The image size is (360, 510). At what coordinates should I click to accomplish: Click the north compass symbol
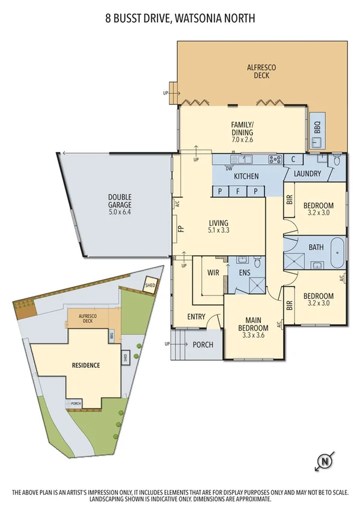click(x=325, y=462)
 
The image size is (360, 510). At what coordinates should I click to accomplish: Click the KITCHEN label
click(x=246, y=177)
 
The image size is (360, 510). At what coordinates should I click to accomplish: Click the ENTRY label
click(x=196, y=317)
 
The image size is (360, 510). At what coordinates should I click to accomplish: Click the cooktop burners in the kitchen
click(x=275, y=159)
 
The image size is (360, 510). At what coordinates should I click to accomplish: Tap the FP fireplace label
click(x=180, y=229)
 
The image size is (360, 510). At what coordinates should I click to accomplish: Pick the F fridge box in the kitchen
click(x=238, y=191)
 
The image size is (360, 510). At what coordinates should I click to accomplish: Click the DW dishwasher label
click(x=229, y=169)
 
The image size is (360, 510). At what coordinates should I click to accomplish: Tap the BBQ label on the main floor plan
click(x=317, y=127)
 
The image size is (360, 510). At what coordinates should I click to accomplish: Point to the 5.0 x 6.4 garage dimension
click(x=120, y=212)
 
